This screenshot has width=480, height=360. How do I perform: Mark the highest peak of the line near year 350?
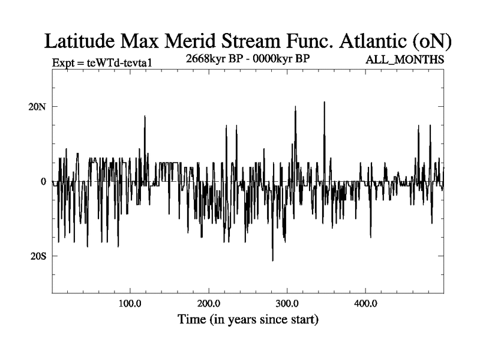pyautogui.click(x=325, y=102)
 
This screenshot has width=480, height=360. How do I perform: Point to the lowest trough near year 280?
pyautogui.click(x=272, y=260)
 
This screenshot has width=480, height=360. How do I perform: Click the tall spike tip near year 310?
pyautogui.click(x=296, y=107)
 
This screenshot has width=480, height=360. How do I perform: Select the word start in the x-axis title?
pyautogui.click(x=303, y=319)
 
